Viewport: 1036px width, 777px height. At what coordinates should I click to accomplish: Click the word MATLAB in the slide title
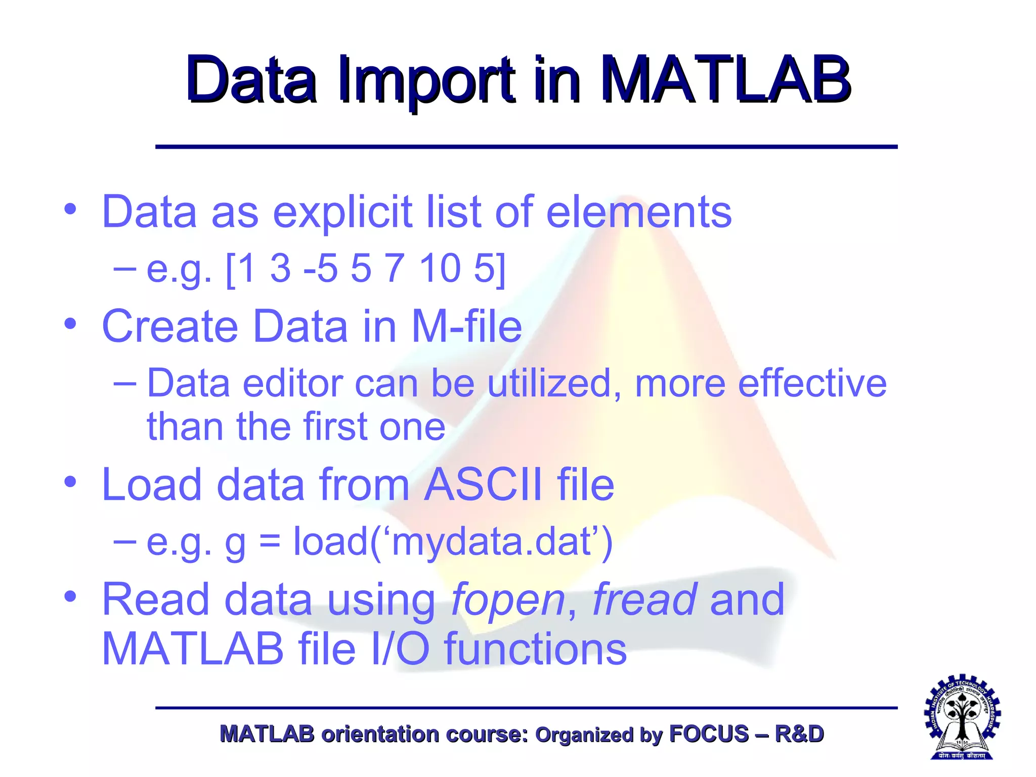726,80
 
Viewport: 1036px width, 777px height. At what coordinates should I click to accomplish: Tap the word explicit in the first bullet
342,212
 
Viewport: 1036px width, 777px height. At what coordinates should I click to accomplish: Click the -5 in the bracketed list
320,268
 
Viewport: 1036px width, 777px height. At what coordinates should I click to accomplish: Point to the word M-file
466,326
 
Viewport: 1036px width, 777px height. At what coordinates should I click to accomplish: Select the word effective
812,383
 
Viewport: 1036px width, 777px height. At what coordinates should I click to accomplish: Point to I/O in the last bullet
400,650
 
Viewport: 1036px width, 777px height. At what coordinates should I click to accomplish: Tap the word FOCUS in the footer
708,734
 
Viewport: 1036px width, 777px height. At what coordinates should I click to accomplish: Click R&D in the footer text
799,734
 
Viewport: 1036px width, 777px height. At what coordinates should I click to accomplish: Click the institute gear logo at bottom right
962,717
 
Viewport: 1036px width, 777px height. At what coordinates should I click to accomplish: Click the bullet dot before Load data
70,482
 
